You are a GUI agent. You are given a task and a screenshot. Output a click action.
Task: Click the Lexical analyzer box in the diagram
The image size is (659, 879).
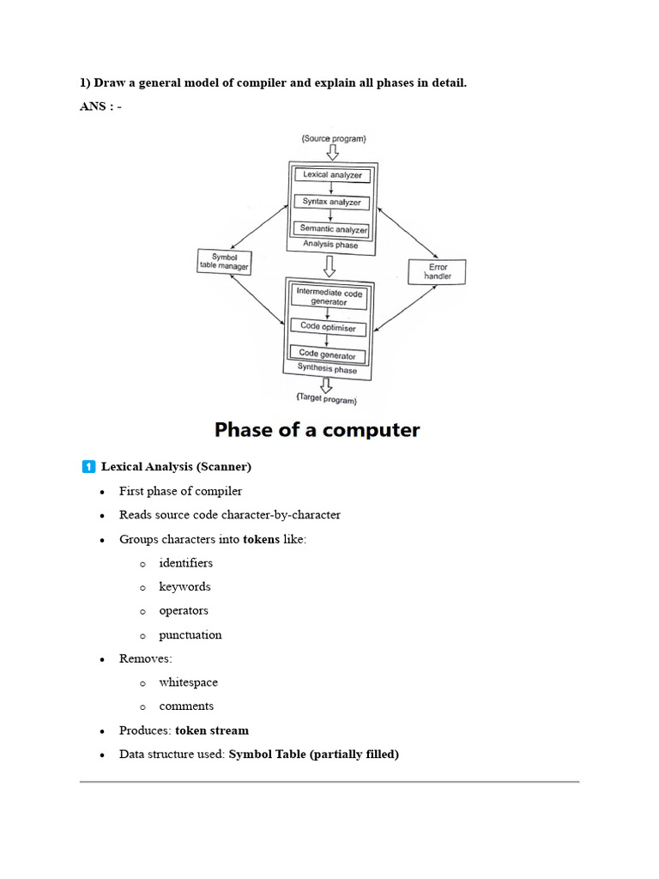(332, 175)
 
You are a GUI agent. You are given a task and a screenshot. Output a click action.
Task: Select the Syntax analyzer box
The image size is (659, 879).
(332, 203)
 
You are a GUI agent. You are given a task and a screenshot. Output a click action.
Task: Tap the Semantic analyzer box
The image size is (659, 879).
(332, 229)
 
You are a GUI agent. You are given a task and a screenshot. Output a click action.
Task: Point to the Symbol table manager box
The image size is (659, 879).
(223, 262)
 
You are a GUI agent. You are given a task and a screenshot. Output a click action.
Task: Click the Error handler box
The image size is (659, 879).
(437, 271)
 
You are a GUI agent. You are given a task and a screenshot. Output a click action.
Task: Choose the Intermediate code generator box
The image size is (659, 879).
(330, 297)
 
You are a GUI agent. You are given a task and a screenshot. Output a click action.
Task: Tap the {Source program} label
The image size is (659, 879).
(333, 138)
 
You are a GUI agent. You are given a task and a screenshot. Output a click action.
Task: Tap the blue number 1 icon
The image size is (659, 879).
(88, 467)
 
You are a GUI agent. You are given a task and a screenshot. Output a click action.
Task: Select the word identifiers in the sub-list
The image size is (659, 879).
(185, 563)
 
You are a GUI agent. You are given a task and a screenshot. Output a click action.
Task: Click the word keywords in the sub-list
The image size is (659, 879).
(184, 587)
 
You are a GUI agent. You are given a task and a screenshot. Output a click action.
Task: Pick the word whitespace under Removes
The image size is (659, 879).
(188, 682)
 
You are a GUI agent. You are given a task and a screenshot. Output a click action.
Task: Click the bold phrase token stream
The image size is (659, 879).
(212, 730)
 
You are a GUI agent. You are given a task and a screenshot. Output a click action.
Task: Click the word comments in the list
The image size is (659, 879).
(186, 706)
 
